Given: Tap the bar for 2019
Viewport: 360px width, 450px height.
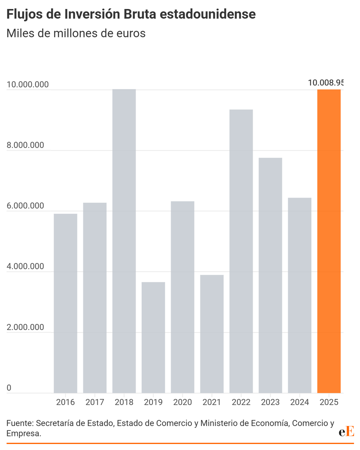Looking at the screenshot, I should (x=153, y=337).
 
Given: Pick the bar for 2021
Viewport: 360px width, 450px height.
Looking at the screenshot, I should (x=212, y=334).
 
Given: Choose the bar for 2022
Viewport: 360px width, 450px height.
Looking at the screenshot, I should (x=241, y=251).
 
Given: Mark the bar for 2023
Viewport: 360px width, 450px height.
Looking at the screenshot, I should (x=270, y=275).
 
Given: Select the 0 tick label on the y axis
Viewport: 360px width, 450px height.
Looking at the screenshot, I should (x=9, y=388).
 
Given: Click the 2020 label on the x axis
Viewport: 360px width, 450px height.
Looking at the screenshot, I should (x=183, y=402).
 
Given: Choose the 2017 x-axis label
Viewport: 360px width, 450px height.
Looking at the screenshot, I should (x=95, y=402).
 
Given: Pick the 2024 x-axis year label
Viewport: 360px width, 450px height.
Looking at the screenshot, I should (x=300, y=402).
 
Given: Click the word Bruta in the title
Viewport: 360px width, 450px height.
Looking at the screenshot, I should (x=168, y=14).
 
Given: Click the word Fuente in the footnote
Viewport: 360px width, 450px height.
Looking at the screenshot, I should (x=19, y=423).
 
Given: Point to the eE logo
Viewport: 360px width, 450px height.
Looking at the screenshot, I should (x=346, y=432).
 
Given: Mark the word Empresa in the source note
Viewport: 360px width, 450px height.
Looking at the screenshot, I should (x=23, y=433).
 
